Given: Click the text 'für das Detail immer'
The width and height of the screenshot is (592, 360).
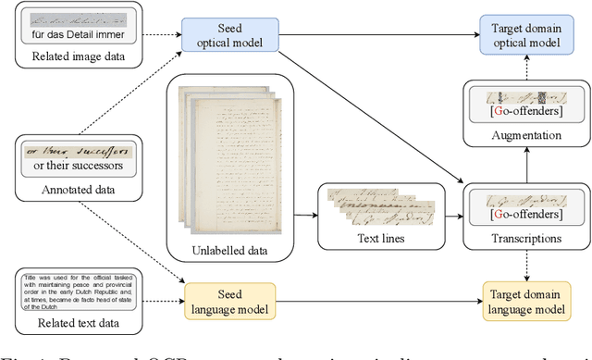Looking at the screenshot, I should click(80, 35).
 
